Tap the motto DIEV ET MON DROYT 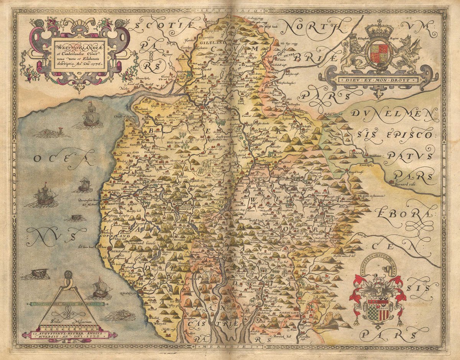(x=378, y=80)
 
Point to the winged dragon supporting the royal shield (x=409, y=54)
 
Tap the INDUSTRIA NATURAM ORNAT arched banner (x=378, y=262)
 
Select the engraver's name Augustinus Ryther (x=69, y=334)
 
